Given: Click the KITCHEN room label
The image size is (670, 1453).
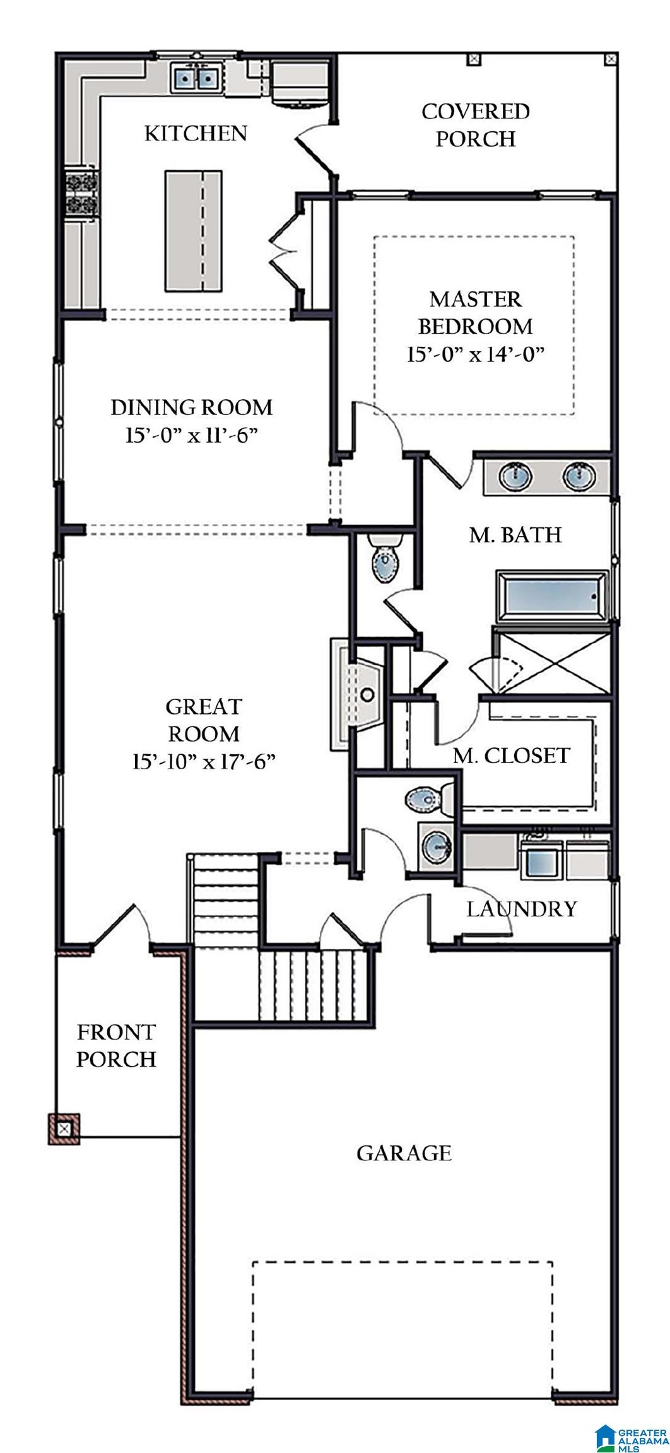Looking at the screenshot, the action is (196, 134).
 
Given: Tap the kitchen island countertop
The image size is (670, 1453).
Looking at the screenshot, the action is (194, 231).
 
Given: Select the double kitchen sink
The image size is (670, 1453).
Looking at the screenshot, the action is (196, 79).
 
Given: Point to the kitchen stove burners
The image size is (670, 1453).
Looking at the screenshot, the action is (82, 193).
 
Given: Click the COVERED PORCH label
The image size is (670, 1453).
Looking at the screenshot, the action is (475, 125).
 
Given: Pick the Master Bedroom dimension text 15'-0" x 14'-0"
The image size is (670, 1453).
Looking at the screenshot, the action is (475, 354).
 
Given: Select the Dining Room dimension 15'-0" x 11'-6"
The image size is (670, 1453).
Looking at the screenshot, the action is (192, 435).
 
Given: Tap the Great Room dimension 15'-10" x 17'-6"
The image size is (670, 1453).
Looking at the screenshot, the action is (204, 762).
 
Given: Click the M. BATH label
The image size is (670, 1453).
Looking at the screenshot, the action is (515, 535).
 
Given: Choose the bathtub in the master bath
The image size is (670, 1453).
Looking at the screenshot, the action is (553, 596).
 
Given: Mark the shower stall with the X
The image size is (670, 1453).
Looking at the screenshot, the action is (551, 661).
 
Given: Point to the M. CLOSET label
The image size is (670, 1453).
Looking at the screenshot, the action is (512, 756).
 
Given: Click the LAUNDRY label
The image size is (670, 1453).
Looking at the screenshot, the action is (522, 909).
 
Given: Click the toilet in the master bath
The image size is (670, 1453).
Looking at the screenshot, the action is (385, 558).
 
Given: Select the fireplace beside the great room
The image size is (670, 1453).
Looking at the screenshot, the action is (356, 694).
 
